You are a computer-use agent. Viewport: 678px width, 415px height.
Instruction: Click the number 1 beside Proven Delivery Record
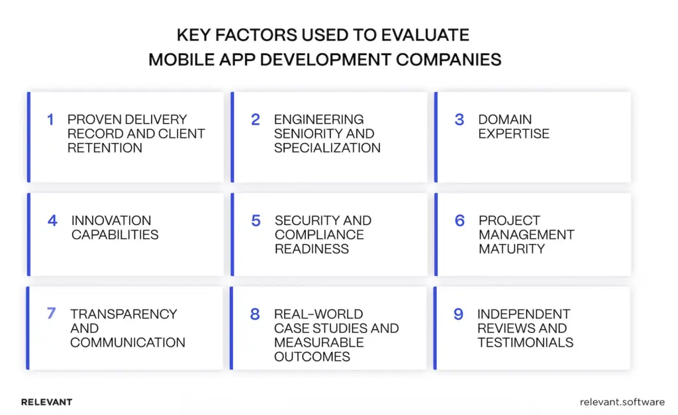pyautogui.click(x=50, y=120)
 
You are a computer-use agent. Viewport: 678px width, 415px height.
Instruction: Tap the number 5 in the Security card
pyautogui.click(x=256, y=220)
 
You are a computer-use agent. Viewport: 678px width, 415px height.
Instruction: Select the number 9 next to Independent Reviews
pyautogui.click(x=458, y=314)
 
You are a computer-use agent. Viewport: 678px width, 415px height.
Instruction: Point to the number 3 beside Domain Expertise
pyautogui.click(x=459, y=120)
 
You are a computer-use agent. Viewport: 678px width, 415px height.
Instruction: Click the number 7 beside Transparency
pyautogui.click(x=51, y=314)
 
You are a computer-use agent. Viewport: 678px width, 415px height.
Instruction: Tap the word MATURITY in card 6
pyautogui.click(x=512, y=249)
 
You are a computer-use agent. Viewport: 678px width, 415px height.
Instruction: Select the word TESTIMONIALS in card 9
pyautogui.click(x=525, y=342)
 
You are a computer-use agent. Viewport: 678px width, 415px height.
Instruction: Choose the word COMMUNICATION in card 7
pyautogui.click(x=128, y=342)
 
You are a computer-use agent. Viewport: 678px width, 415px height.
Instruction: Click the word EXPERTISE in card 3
pyautogui.click(x=514, y=134)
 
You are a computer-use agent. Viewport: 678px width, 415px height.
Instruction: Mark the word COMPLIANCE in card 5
pyautogui.click(x=319, y=235)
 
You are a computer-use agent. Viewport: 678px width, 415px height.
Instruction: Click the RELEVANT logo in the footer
pyautogui.click(x=46, y=402)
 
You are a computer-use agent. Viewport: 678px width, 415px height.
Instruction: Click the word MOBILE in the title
pyautogui.click(x=177, y=59)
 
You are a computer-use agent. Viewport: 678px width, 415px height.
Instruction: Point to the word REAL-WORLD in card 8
pyautogui.click(x=309, y=314)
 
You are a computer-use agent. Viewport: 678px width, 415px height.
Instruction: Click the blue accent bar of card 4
pyautogui.click(x=28, y=234)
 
